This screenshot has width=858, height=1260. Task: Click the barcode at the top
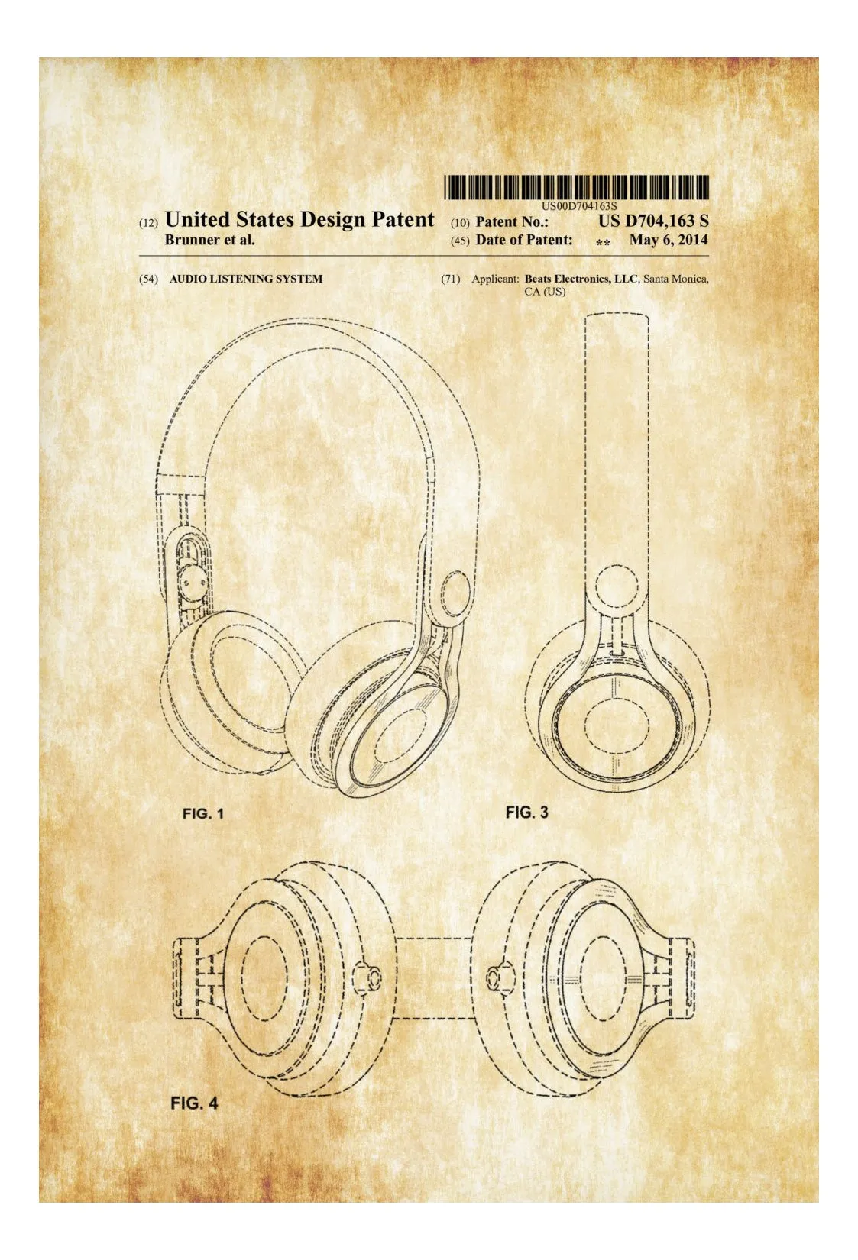click(576, 187)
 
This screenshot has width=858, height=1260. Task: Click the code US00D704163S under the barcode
click(579, 206)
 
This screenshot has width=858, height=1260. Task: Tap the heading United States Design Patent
click(299, 219)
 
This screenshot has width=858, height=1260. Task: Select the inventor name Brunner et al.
click(209, 241)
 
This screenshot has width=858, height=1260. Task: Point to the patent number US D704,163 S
click(653, 221)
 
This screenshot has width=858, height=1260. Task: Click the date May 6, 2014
click(669, 241)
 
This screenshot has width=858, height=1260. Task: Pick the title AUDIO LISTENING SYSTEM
click(246, 279)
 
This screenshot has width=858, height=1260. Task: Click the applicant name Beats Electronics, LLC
click(581, 279)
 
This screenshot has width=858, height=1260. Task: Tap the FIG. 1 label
click(203, 813)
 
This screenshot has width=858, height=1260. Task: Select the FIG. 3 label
click(526, 813)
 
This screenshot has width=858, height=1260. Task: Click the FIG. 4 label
click(193, 1103)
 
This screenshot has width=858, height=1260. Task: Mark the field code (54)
click(148, 279)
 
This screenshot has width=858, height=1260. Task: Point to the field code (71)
click(451, 279)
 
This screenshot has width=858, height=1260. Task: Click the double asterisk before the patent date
click(603, 243)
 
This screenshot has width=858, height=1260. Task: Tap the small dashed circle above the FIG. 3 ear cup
click(619, 586)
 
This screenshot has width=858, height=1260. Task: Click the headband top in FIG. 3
click(617, 318)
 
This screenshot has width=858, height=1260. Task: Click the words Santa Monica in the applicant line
click(675, 279)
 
